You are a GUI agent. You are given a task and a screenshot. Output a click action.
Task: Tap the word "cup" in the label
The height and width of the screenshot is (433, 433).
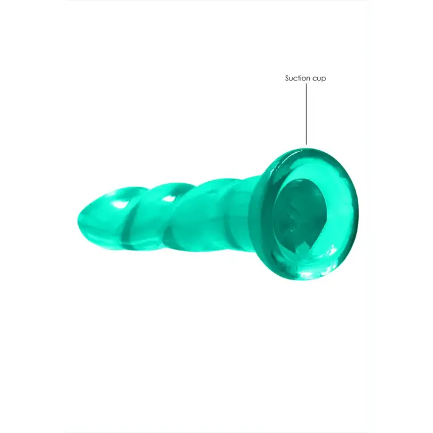(x=319, y=79)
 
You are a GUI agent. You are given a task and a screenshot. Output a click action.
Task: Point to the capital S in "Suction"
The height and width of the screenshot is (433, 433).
(x=288, y=79)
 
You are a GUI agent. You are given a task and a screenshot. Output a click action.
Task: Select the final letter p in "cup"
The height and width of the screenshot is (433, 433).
(x=324, y=80)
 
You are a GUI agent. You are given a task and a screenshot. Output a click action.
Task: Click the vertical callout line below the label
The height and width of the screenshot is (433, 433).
(x=306, y=114)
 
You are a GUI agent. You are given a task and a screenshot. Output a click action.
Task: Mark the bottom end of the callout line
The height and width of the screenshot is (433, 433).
(x=306, y=145)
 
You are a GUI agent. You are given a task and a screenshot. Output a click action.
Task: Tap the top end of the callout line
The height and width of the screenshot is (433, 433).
(x=306, y=86)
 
